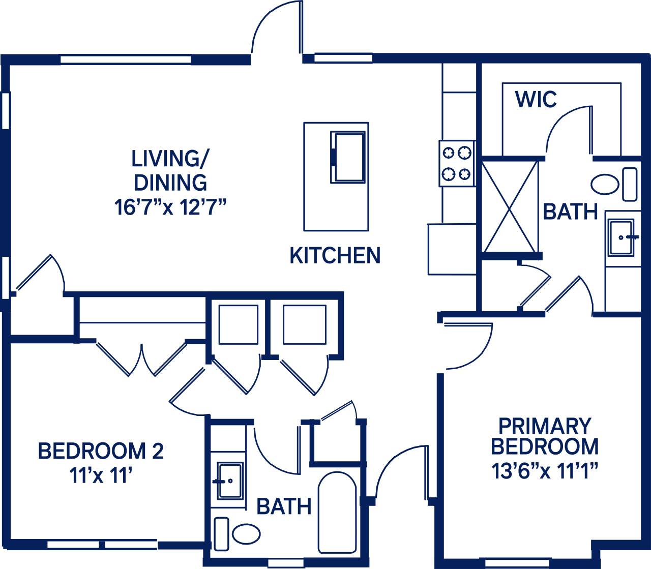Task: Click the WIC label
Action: point(536,99)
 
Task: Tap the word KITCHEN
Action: point(335,255)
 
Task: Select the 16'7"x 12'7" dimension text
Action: point(170,207)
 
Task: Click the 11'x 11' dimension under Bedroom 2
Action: point(101,476)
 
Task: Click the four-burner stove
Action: point(457,164)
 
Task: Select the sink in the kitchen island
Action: point(348,157)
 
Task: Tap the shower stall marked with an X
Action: point(510,206)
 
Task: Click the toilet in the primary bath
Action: point(605,184)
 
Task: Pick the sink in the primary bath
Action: point(620,237)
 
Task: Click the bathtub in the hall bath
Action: point(337,513)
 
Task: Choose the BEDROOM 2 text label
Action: point(101,451)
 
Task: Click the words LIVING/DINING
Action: point(169,170)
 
